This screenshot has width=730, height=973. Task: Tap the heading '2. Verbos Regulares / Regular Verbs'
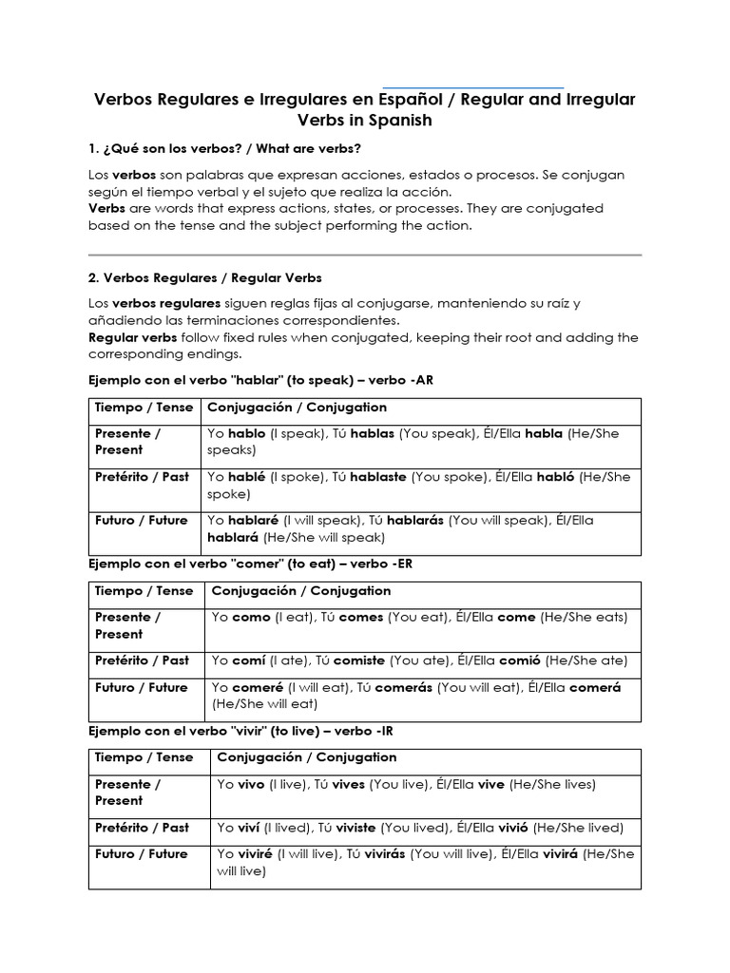pos(204,278)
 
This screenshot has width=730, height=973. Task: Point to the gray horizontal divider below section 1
pos(365,255)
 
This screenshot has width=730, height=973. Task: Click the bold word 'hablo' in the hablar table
pos(247,433)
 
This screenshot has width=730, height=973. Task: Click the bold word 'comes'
pos(361,618)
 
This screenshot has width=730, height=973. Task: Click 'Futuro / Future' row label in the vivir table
pos(142,854)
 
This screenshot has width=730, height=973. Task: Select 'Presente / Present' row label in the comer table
pos(127,625)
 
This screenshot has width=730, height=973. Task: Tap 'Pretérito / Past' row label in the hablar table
pos(142,477)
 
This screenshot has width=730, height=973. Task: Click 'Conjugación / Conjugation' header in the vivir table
pos(307,757)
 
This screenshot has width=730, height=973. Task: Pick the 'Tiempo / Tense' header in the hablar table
pos(144,408)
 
